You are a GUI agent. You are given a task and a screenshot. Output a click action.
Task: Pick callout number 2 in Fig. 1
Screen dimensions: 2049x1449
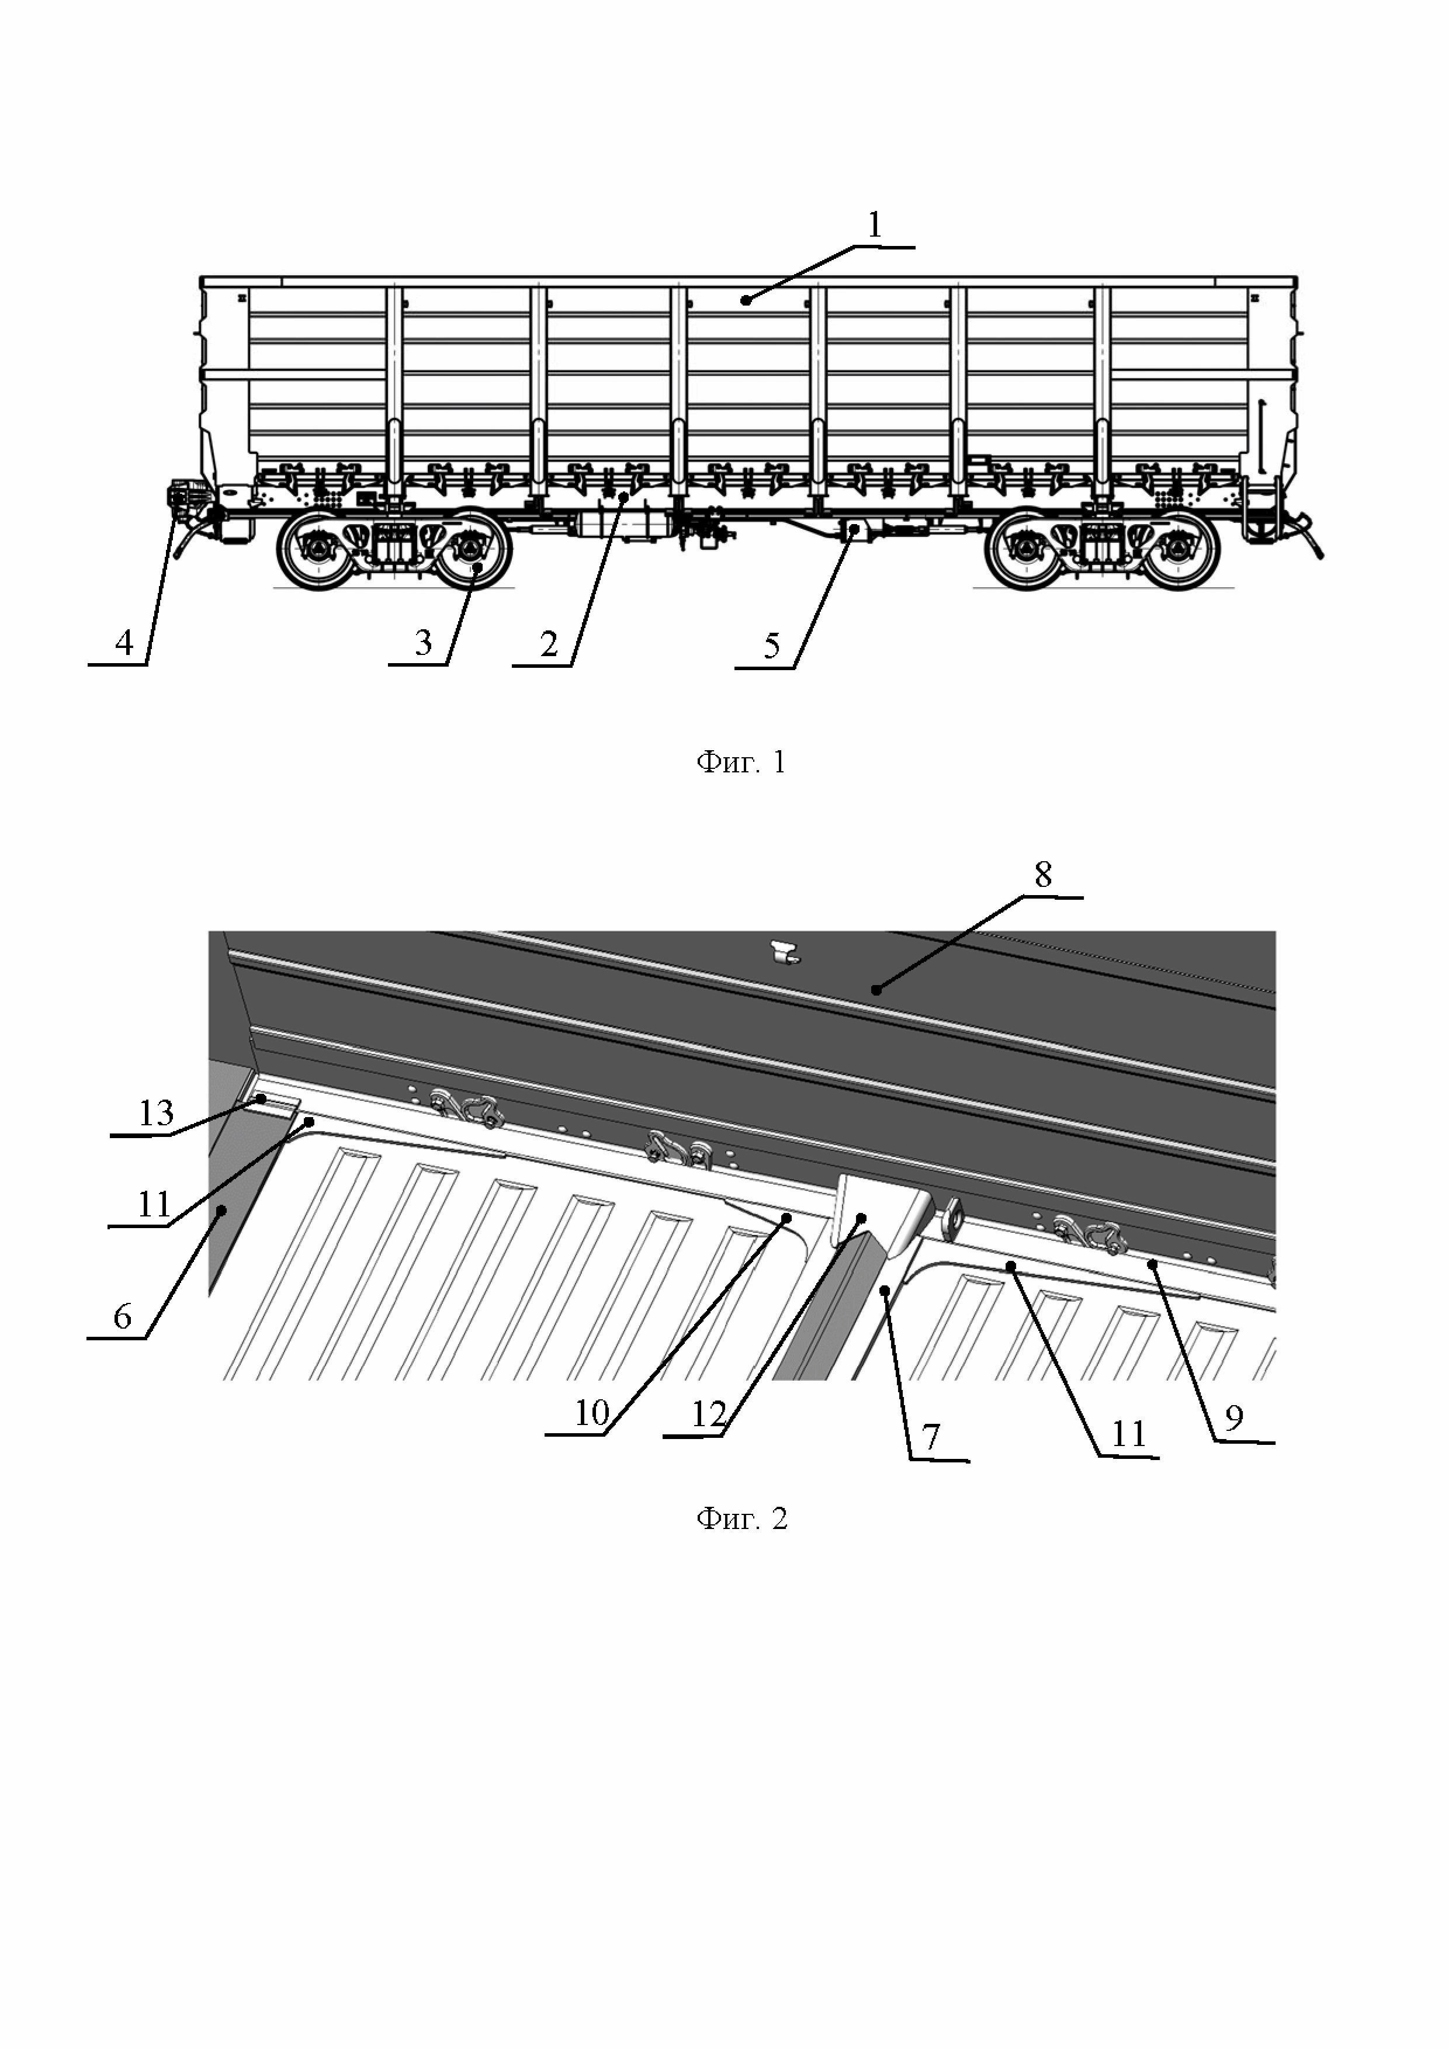click(x=548, y=643)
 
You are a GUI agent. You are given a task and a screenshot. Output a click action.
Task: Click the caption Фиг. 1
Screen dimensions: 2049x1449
click(x=740, y=762)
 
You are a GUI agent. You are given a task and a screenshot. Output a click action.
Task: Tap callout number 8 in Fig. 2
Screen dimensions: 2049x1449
click(x=1043, y=875)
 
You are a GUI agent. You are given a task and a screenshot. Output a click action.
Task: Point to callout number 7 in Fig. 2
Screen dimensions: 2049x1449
click(x=931, y=1437)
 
